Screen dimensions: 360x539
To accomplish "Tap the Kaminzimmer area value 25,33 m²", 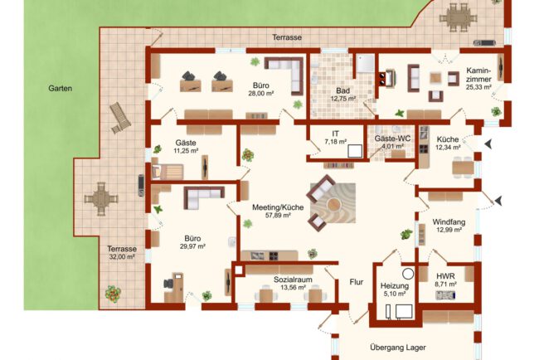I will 479,86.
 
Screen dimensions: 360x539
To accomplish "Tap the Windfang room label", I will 449,221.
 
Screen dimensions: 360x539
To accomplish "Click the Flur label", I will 357,281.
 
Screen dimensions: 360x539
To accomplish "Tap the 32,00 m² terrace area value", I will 120,257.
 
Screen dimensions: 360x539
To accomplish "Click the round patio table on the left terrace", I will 101,198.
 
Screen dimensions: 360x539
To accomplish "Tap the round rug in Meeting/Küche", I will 330,202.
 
